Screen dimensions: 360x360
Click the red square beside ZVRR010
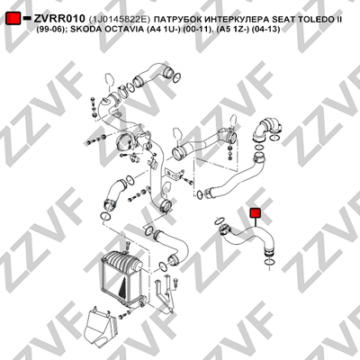[x=13, y=19]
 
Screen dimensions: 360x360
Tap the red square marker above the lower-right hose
[x=256, y=212]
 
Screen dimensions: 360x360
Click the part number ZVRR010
[x=59, y=19]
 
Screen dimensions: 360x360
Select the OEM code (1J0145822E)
[x=120, y=20]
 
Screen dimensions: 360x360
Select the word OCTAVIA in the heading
[x=122, y=30]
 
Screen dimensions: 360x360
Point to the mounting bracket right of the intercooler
[x=164, y=295]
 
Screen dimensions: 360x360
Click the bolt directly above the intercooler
[x=127, y=245]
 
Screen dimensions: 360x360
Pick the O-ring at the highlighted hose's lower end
[x=269, y=264]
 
